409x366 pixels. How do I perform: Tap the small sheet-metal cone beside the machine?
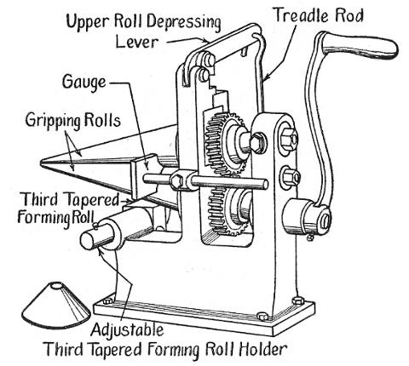pos(50,301)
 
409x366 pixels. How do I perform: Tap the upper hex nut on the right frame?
pos(284,136)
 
